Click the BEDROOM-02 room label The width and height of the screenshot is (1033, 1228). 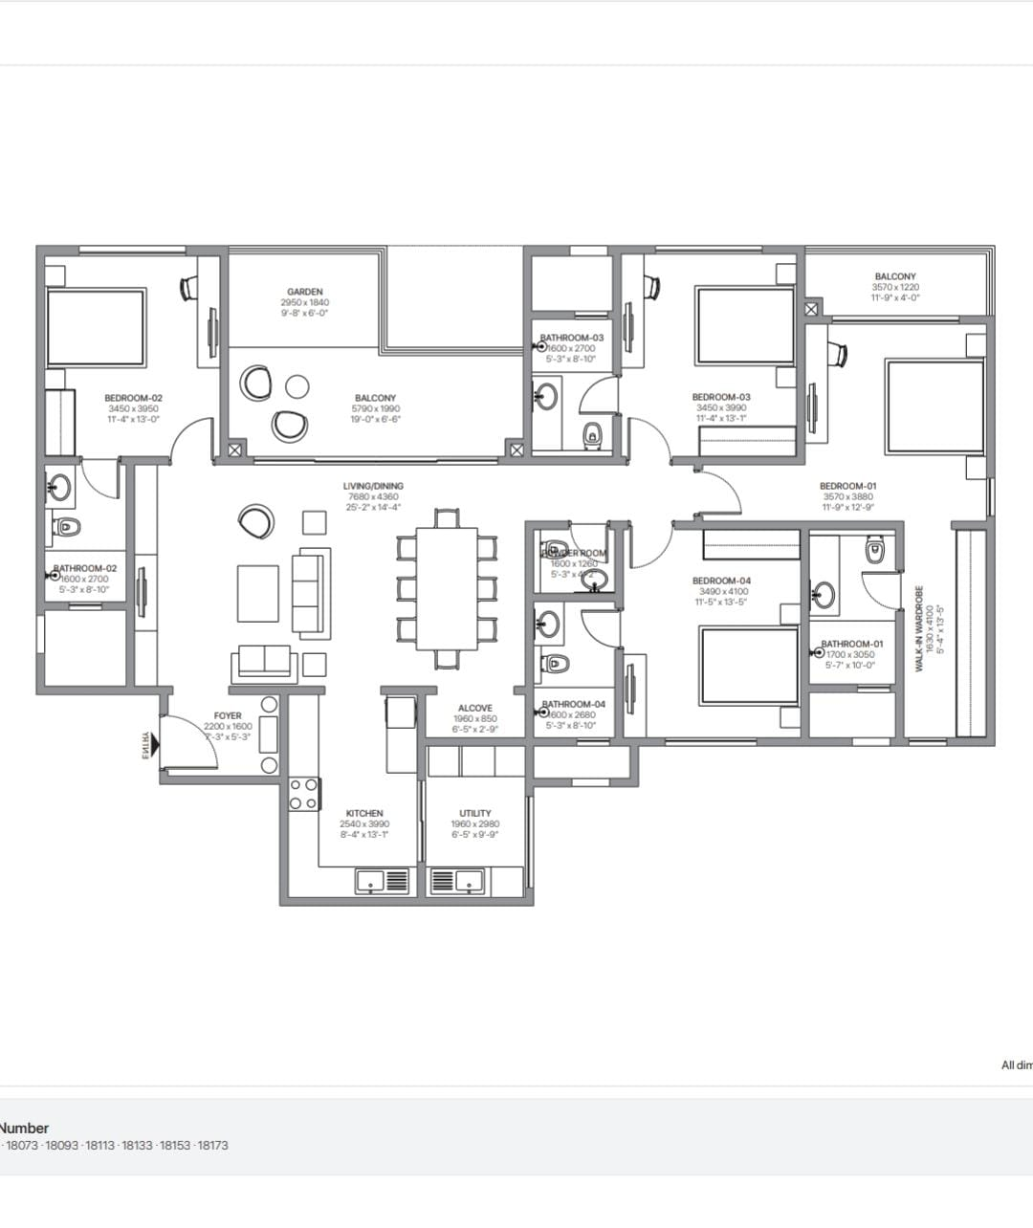click(x=133, y=398)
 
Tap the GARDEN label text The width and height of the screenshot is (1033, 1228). click(x=305, y=292)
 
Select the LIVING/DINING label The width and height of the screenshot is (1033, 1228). click(x=373, y=486)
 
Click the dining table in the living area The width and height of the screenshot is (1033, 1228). click(x=447, y=588)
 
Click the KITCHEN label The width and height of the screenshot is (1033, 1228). click(x=364, y=813)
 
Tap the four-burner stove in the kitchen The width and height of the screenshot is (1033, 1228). click(x=304, y=794)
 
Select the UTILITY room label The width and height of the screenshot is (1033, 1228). click(x=475, y=813)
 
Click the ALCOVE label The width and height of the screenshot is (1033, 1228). click(x=475, y=709)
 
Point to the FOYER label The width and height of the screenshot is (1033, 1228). click(x=228, y=715)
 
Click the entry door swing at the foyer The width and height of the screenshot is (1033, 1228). click(x=190, y=742)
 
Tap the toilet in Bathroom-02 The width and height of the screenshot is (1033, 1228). click(x=67, y=526)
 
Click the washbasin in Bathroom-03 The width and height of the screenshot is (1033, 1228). click(x=547, y=396)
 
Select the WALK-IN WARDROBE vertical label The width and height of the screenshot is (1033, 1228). click(x=920, y=628)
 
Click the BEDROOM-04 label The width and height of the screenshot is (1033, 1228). click(x=722, y=581)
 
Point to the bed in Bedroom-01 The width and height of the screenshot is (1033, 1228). click(x=934, y=406)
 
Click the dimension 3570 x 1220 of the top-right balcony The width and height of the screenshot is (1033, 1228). click(x=895, y=287)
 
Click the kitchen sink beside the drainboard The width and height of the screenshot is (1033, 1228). click(x=371, y=880)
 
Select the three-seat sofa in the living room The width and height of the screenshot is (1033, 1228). click(x=311, y=593)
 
